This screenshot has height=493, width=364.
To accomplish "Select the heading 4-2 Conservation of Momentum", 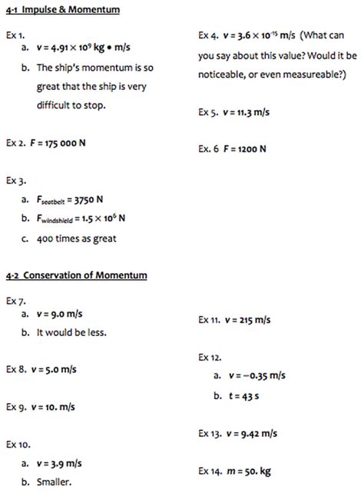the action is (x=75, y=275).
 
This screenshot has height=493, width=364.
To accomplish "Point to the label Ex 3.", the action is (x=16, y=182).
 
